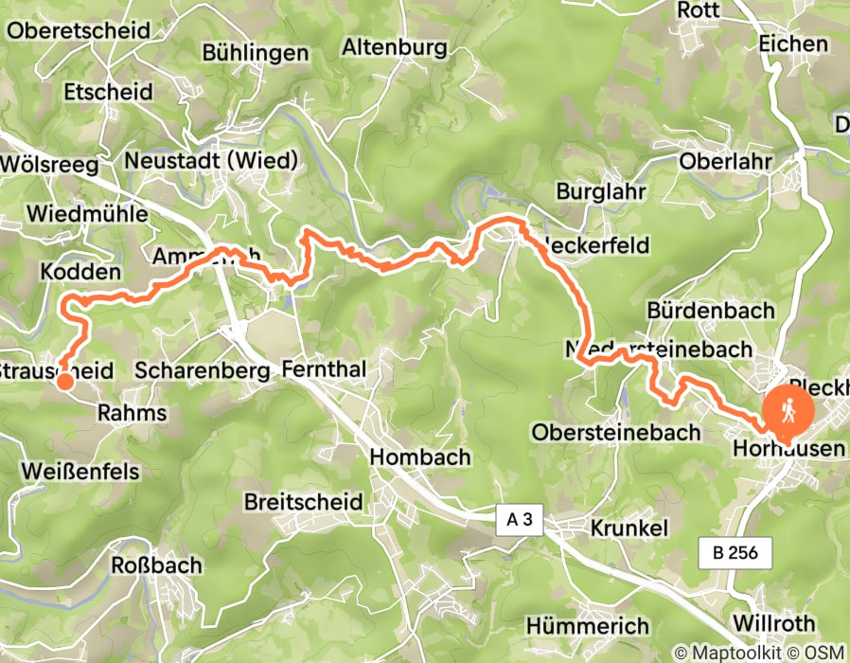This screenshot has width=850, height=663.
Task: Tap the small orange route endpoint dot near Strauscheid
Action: pyautogui.click(x=63, y=381)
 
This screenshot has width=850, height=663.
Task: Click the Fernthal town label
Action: pyautogui.click(x=324, y=370)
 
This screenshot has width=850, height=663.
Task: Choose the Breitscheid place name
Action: pyautogui.click(x=303, y=501)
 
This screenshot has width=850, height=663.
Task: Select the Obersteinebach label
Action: pyautogui.click(x=616, y=432)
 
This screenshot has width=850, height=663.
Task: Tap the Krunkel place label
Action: pyautogui.click(x=629, y=528)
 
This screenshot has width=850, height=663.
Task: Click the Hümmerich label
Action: pyautogui.click(x=587, y=626)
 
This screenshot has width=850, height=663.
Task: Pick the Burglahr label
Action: pyautogui.click(x=602, y=191)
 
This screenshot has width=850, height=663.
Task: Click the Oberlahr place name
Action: pyautogui.click(x=721, y=159)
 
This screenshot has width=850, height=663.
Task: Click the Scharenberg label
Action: pyautogui.click(x=203, y=370)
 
